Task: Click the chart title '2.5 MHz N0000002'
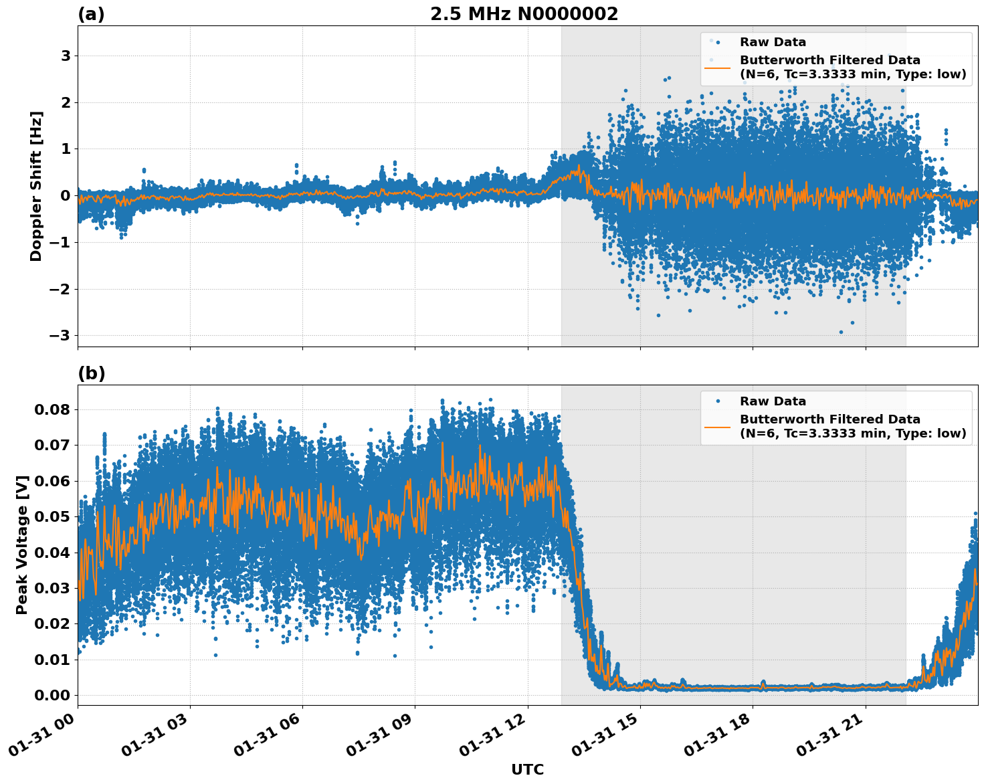524,14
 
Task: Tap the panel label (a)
91,14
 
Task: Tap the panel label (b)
91,373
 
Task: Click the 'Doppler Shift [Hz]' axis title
36,186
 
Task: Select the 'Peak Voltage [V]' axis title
22,545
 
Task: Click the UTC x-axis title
527,770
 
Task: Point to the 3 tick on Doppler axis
66,56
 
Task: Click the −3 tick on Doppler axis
62,335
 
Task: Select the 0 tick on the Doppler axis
66,195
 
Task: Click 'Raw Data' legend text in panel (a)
773,42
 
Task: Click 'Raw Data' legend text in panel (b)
773,401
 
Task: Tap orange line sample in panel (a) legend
718,67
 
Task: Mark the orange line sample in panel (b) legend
718,426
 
